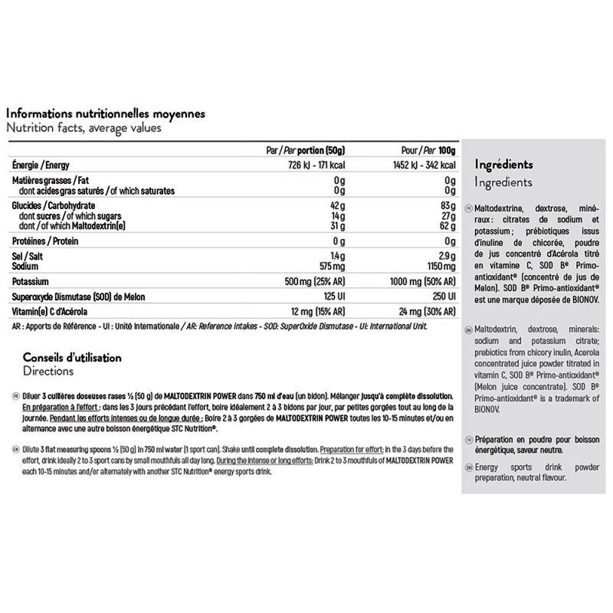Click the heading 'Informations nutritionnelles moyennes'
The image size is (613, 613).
pyautogui.click(x=104, y=113)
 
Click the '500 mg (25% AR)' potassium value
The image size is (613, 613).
pyautogui.click(x=316, y=280)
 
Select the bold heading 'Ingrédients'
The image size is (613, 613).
pyautogui.click(x=503, y=165)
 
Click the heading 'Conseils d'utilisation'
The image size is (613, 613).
pyautogui.click(x=72, y=358)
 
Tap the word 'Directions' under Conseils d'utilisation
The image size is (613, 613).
pyautogui.click(x=48, y=371)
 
